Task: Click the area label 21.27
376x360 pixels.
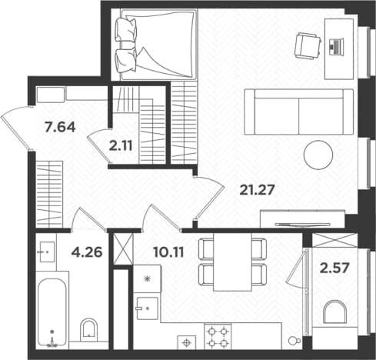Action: (257, 190)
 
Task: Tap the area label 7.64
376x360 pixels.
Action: (60, 127)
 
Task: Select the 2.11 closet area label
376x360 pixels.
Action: (121, 146)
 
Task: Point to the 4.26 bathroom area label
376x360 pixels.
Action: (87, 252)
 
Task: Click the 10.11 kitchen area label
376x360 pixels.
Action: (168, 252)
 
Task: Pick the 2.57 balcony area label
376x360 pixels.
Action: (334, 268)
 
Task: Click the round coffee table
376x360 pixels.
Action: (318, 155)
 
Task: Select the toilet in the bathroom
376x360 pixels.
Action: (89, 330)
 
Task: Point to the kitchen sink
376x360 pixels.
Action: (147, 308)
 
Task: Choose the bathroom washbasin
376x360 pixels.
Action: (48, 252)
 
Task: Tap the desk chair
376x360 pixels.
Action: (308, 46)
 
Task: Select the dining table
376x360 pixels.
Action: (232, 262)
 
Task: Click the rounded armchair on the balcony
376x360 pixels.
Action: (334, 312)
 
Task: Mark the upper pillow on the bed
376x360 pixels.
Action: (125, 29)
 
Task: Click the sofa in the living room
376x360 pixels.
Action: (299, 112)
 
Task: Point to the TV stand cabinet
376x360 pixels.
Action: (302, 218)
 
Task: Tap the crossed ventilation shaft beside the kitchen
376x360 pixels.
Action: (123, 248)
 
